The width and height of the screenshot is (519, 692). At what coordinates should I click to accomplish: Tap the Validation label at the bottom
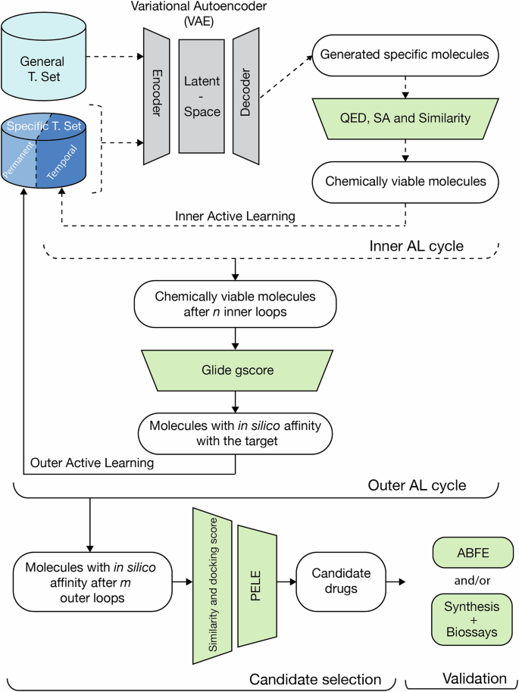pyautogui.click(x=464, y=678)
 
